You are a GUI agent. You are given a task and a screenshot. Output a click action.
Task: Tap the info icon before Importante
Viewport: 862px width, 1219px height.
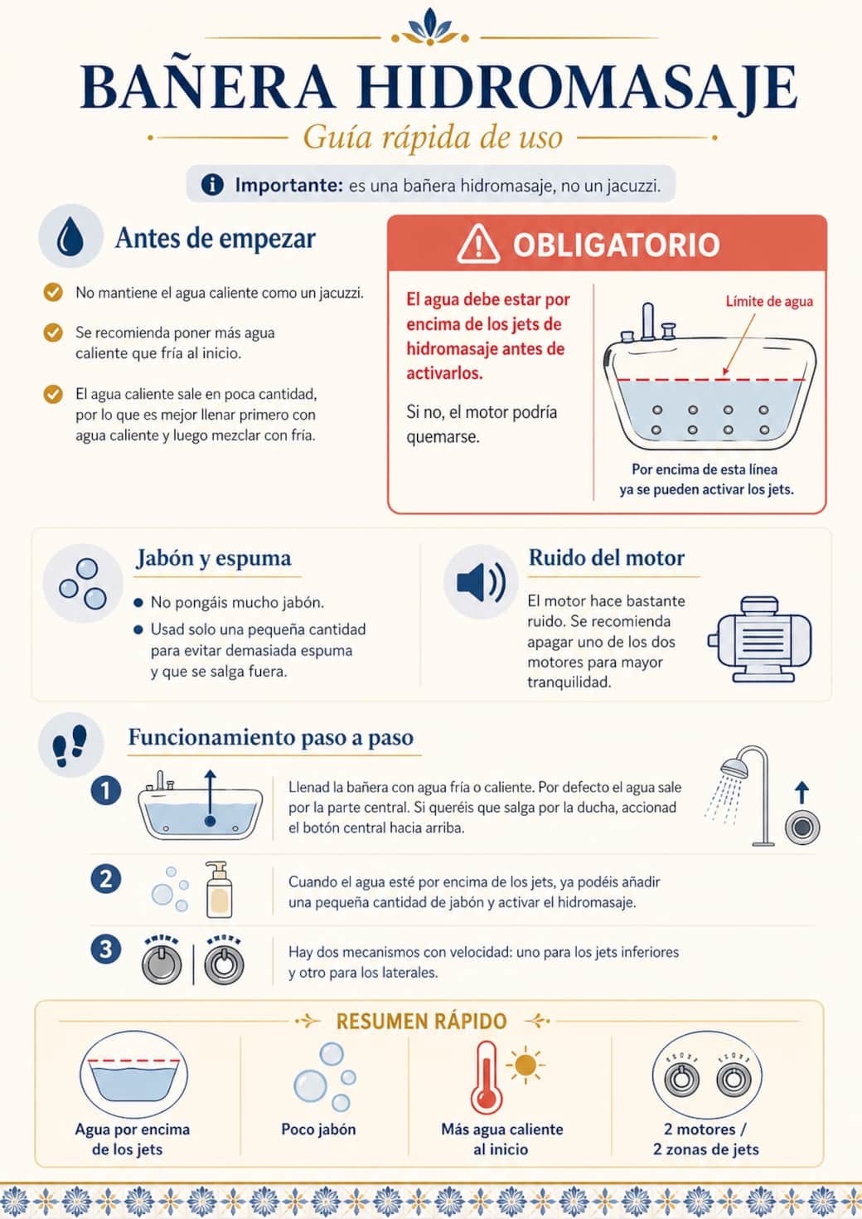212,184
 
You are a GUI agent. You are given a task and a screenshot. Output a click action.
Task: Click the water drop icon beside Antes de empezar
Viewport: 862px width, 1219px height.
70,236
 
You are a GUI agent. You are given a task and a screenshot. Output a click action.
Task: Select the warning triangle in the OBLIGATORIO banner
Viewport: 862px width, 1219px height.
478,244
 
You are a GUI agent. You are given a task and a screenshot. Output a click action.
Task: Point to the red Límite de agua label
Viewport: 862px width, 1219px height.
769,302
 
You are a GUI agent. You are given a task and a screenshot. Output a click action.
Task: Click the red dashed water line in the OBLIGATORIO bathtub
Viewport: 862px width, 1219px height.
710,379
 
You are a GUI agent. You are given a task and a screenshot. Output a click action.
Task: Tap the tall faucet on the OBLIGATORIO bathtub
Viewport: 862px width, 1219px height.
647,321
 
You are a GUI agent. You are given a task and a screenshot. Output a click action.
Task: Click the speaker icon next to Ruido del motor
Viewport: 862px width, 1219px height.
482,582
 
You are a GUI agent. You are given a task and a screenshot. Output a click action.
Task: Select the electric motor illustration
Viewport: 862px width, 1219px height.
759,639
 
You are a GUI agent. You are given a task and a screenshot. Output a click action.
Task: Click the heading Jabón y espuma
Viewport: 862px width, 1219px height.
214,558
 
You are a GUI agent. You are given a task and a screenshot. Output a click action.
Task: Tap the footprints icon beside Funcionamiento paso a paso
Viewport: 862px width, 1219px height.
70,745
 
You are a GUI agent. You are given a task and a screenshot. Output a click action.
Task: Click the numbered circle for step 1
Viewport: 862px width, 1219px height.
105,791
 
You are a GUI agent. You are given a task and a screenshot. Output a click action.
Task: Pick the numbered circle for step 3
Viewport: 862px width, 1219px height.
105,949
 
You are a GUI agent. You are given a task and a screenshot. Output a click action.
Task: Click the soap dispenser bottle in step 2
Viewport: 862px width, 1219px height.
219,889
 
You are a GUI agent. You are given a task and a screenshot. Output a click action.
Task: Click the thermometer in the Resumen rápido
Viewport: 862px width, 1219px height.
486,1077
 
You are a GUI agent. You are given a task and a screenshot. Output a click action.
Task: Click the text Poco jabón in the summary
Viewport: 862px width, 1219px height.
318,1129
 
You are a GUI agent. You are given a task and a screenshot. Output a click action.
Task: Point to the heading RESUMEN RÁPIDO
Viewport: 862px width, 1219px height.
422,1022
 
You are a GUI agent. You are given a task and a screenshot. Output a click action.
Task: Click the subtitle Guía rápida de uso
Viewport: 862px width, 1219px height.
433,137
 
